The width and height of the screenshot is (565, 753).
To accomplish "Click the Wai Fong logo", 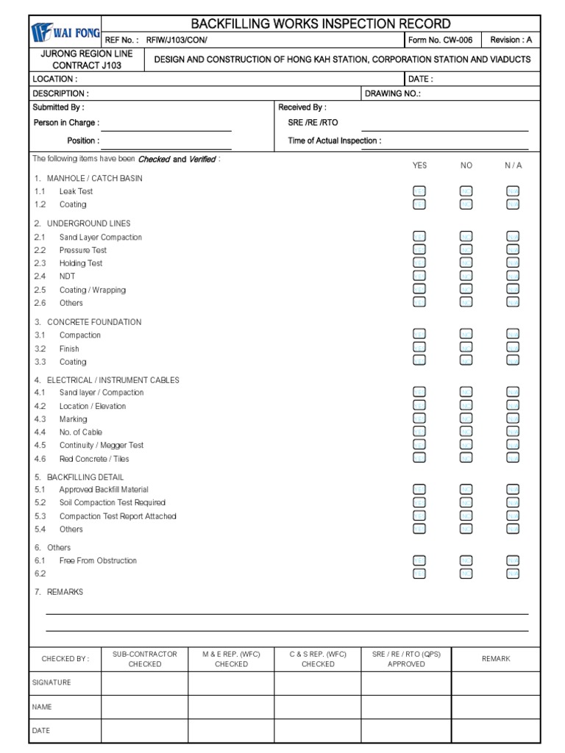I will (65, 32).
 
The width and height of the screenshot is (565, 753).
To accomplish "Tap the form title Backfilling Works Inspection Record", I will (321, 24).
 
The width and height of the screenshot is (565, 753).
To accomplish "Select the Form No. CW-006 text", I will (440, 40).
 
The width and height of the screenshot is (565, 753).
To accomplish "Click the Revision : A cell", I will (511, 40).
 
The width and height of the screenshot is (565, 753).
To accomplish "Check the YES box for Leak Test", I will (419, 191).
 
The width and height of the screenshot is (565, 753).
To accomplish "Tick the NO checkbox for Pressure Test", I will (466, 250).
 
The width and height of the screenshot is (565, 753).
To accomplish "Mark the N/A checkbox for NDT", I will (513, 276).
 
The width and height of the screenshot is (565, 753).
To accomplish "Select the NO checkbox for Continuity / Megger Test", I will (466, 445).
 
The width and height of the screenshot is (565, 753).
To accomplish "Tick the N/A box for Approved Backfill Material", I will (513, 490).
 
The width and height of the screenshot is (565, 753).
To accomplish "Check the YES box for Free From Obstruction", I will (419, 561).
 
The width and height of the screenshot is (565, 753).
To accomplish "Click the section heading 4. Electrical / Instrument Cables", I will (106, 380).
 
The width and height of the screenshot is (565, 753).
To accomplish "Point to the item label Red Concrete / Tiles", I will (94, 459).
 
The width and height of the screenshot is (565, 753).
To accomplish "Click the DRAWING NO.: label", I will (393, 93).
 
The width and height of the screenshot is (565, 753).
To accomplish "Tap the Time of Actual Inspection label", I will (334, 140).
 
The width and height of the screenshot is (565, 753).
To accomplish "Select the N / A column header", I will (513, 165).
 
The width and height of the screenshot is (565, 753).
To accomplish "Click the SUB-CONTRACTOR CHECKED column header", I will (145, 659).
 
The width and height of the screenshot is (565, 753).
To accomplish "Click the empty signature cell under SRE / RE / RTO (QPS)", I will (406, 683).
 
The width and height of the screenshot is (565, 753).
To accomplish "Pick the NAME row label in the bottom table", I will (42, 707).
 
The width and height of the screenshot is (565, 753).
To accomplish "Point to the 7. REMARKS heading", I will (59, 592).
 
